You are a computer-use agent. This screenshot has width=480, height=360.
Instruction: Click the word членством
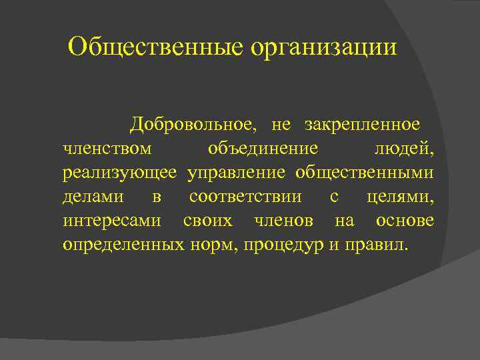coord(107,149)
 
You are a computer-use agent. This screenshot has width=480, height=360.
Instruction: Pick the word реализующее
coord(120,173)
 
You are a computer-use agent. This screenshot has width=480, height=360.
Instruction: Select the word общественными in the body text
coord(364,173)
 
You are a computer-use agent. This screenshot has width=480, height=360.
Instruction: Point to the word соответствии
coord(245,197)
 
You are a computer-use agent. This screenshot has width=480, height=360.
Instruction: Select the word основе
coord(405,221)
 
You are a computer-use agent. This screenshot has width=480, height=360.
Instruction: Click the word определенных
coord(123,245)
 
